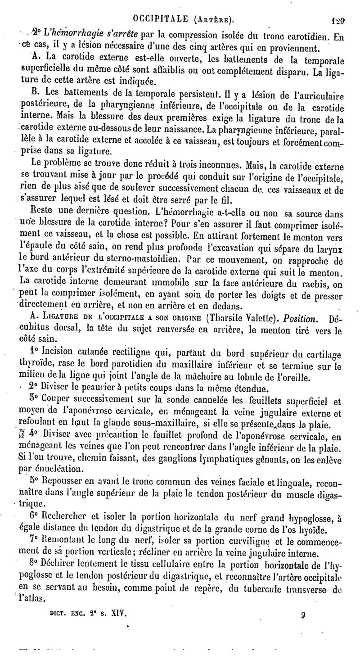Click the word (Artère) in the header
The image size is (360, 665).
click(x=213, y=19)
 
